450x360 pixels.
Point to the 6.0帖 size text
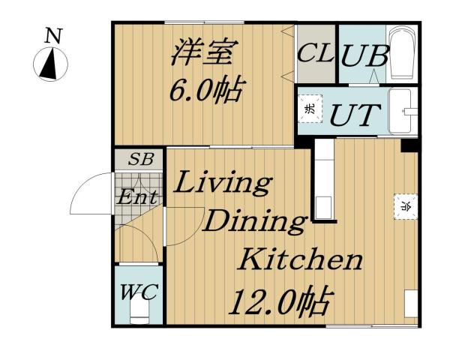pos(204,91)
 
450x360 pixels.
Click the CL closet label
pos(315,55)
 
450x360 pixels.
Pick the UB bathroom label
pos(364,56)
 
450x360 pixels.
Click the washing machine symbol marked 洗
pos(310,108)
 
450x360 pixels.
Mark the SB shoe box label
pos(138,160)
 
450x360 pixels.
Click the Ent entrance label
pos(138,198)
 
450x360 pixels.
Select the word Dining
pos(255,222)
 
